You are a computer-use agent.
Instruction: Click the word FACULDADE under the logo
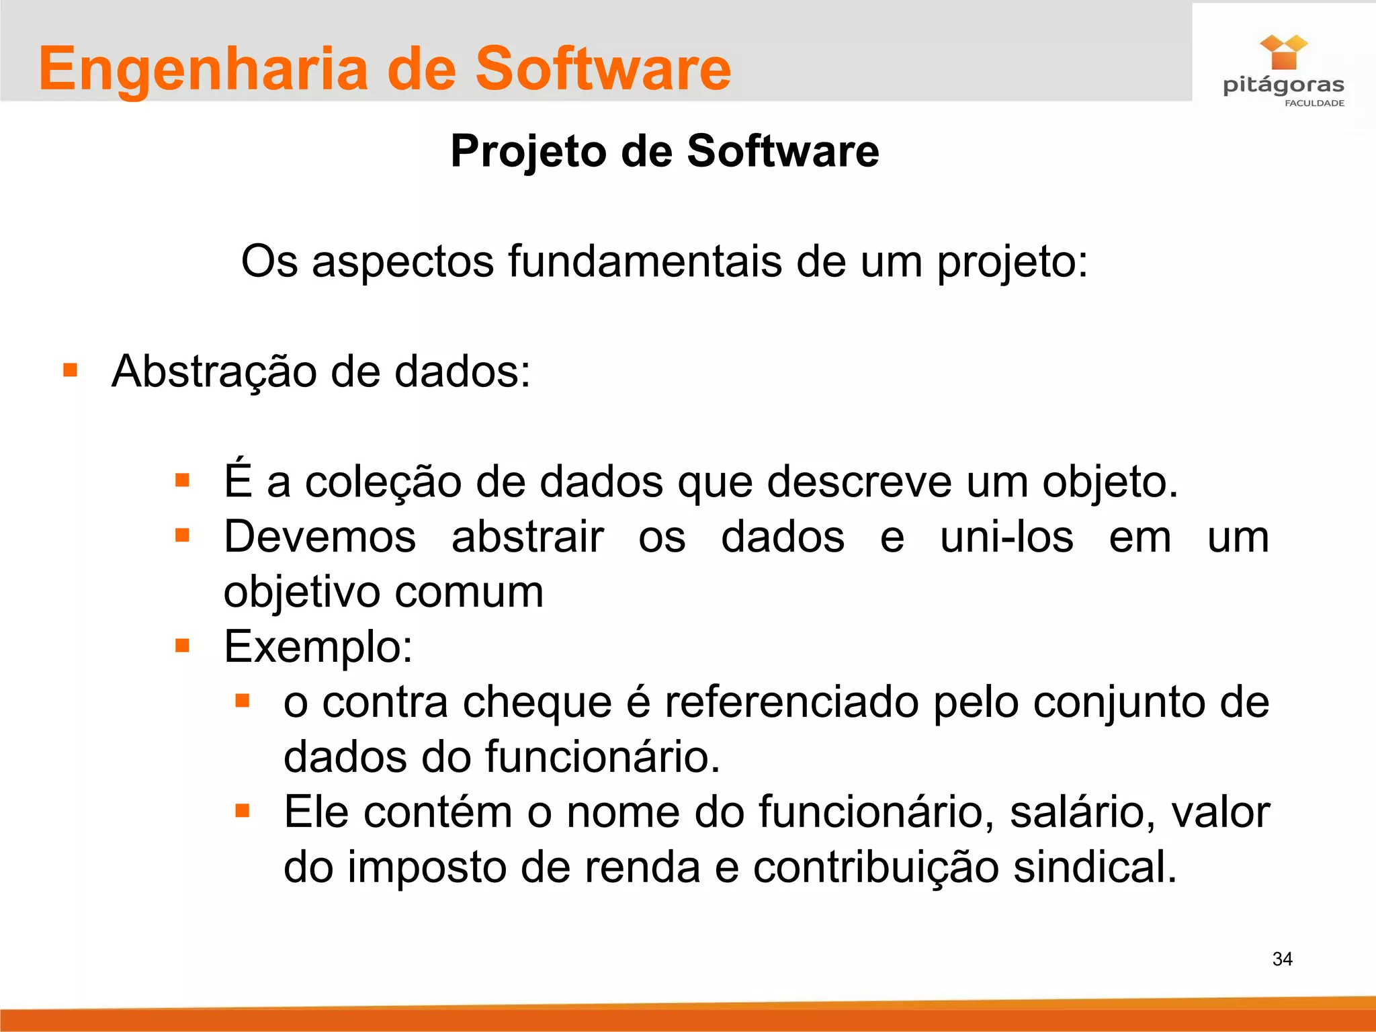coord(1314,103)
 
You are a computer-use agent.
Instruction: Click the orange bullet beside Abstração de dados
coord(70,370)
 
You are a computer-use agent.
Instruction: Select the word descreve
coord(859,482)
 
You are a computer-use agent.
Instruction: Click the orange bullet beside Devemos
coord(182,535)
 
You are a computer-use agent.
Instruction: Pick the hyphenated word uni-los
coord(1006,537)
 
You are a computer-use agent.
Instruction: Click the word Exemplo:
coord(318,647)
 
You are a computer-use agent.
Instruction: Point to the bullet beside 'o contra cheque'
coord(243,701)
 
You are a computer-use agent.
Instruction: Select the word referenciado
coord(792,702)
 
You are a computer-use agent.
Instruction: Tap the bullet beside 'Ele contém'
coord(243,811)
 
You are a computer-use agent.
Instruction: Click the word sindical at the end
coord(1094,867)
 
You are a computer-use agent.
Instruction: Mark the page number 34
coord(1282,959)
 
